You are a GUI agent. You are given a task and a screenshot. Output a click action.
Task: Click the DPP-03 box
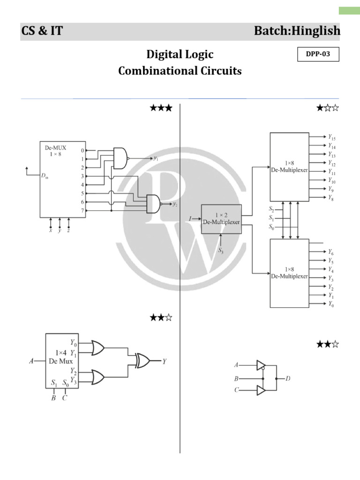pos(318,54)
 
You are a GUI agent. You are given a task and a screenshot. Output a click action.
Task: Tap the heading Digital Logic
pos(180,54)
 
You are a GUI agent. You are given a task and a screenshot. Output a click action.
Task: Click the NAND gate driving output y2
pos(154,204)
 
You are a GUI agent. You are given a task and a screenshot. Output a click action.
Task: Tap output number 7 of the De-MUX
pos(82,210)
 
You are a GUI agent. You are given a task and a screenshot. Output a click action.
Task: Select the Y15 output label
pos(332,138)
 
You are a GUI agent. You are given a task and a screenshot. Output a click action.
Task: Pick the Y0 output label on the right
pos(331,304)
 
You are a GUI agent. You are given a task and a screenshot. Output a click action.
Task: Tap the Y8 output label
pos(331,198)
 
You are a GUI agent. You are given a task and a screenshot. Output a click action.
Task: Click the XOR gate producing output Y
pos(142,361)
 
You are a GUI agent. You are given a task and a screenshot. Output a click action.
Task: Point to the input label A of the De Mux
pos(31,361)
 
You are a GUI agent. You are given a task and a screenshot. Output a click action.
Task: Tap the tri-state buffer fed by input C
pos(261,390)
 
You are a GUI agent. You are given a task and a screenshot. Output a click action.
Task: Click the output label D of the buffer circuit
pos(288,378)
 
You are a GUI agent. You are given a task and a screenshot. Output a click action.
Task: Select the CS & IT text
pos(42,31)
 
